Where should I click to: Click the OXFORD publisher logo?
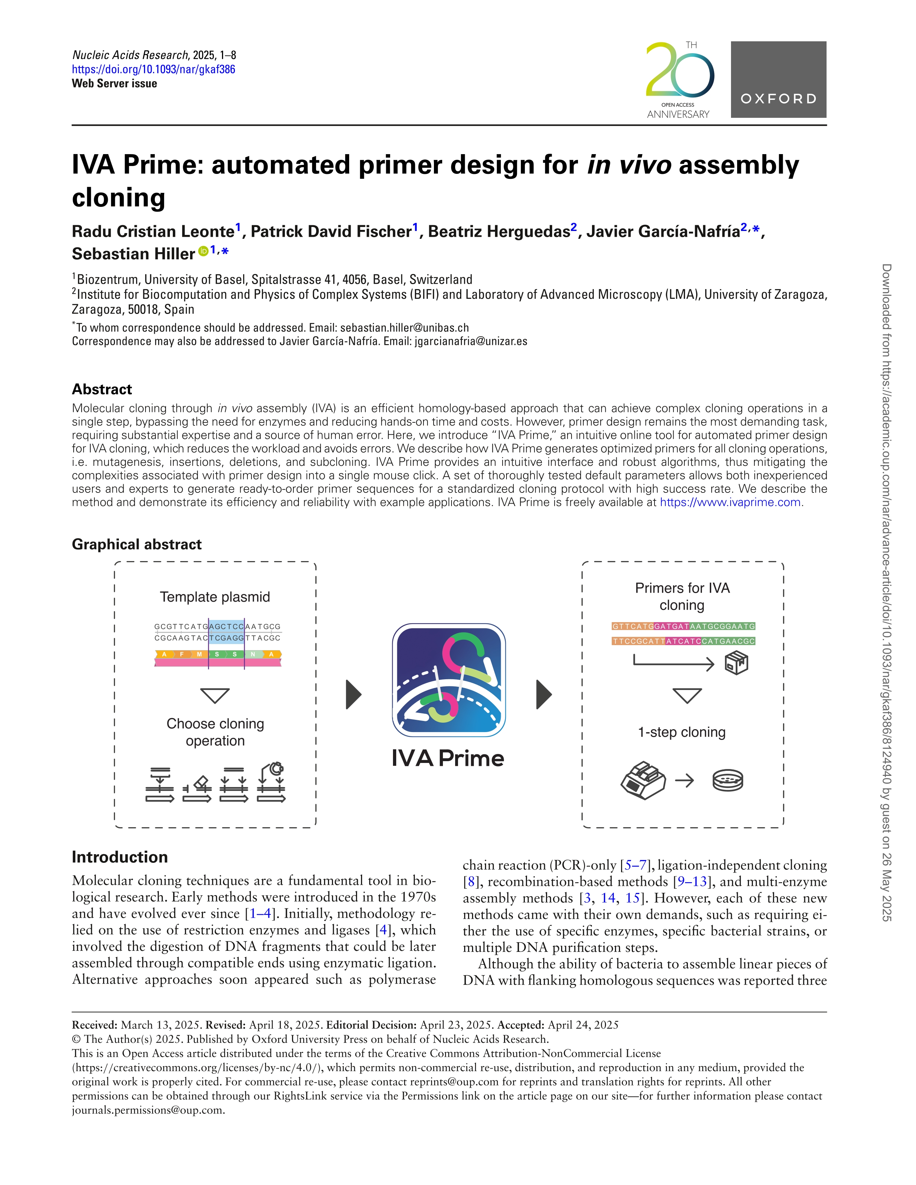click(778, 80)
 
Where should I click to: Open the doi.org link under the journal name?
click(154, 69)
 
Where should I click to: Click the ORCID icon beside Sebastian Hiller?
click(203, 251)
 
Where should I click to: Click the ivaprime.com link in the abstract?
click(730, 503)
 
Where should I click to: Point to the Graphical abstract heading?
click(137, 544)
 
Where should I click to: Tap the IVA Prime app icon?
click(449, 680)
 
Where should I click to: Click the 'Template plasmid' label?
click(215, 597)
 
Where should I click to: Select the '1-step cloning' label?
click(681, 732)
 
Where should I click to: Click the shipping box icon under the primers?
click(736, 662)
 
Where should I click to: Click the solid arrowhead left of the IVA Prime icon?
click(353, 694)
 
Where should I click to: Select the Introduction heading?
click(120, 857)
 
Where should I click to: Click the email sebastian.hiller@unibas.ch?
click(404, 328)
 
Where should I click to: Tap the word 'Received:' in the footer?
click(94, 1025)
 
